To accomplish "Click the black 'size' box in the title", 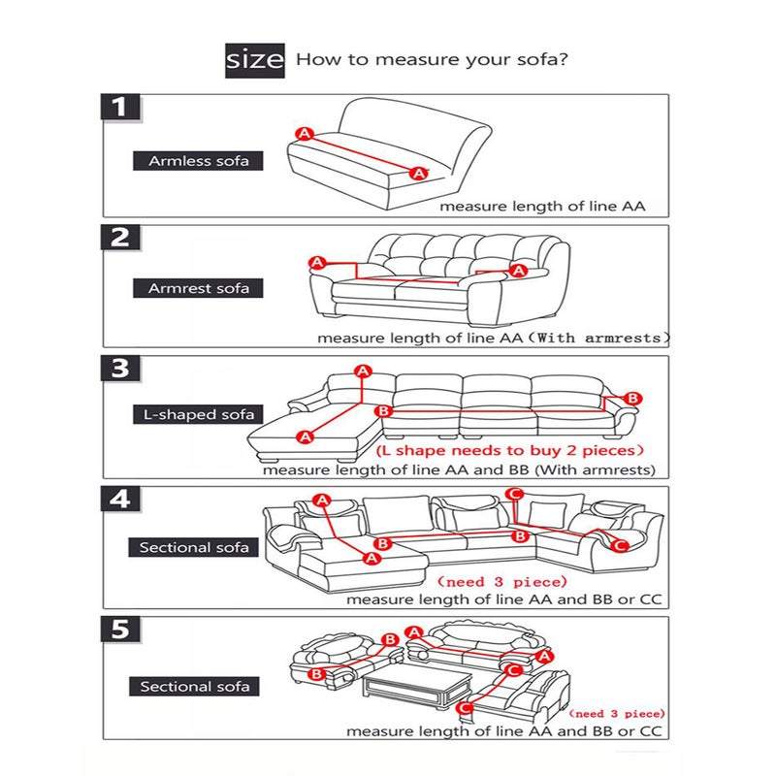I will (255, 60).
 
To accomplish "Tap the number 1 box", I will (121, 107).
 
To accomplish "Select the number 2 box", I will (121, 239).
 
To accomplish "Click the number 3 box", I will (121, 369).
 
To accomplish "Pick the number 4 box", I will (121, 500).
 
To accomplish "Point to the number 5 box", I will (121, 630).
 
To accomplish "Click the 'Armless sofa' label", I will (192, 161).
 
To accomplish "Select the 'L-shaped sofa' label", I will (194, 415).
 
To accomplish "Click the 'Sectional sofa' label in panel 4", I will (194, 547).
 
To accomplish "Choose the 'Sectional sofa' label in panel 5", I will (194, 687).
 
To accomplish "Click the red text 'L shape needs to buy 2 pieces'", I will (509, 451).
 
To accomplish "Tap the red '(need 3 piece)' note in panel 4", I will (501, 582).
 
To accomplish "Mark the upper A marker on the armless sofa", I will (304, 133).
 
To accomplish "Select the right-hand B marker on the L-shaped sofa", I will (632, 398).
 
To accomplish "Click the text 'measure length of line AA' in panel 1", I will (541, 206).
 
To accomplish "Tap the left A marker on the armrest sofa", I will (316, 262).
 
